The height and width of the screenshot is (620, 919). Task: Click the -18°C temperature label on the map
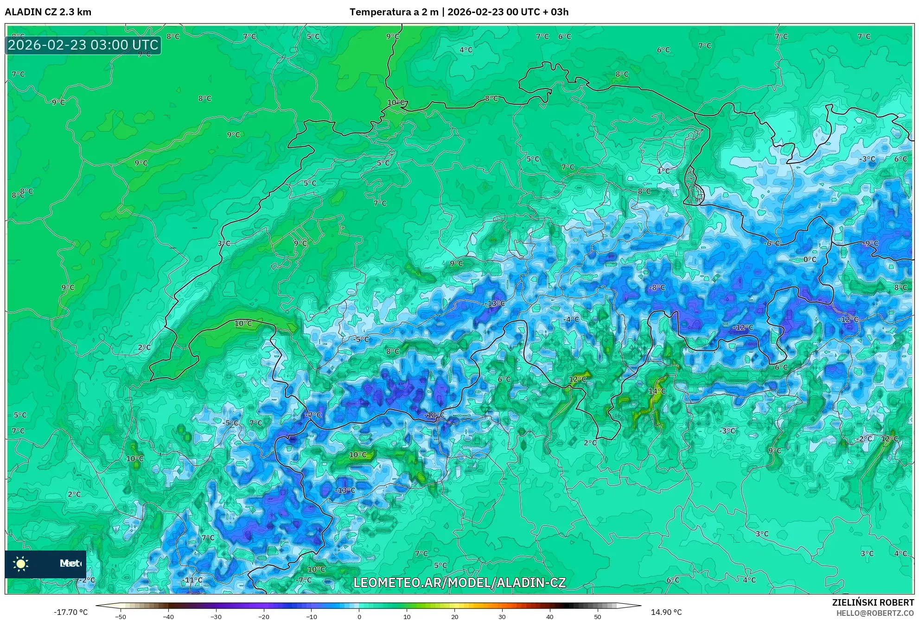[434, 415]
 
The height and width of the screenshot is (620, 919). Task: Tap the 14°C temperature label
[657, 391]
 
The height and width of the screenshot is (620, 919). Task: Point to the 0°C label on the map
[810, 259]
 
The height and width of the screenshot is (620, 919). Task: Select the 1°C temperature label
[663, 171]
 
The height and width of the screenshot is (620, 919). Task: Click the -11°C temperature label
[192, 580]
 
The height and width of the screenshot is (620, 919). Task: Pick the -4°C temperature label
[571, 319]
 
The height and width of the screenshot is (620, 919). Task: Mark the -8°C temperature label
[657, 287]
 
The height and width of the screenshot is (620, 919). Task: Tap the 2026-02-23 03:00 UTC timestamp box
[83, 45]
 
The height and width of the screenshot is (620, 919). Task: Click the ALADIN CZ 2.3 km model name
[48, 12]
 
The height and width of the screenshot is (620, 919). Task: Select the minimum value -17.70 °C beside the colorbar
[70, 612]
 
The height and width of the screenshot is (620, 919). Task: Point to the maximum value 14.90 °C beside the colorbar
[666, 612]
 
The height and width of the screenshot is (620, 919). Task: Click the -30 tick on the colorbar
[216, 617]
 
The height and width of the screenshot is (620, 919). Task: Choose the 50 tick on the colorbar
[597, 617]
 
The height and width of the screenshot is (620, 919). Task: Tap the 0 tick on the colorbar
[359, 617]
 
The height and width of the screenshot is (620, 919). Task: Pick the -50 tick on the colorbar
[121, 617]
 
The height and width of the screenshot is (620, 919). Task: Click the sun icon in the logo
[21, 563]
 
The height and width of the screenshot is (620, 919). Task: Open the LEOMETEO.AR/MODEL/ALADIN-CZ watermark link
[459, 582]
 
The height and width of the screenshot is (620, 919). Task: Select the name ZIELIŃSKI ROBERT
[873, 602]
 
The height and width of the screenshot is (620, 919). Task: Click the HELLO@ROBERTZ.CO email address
[875, 613]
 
